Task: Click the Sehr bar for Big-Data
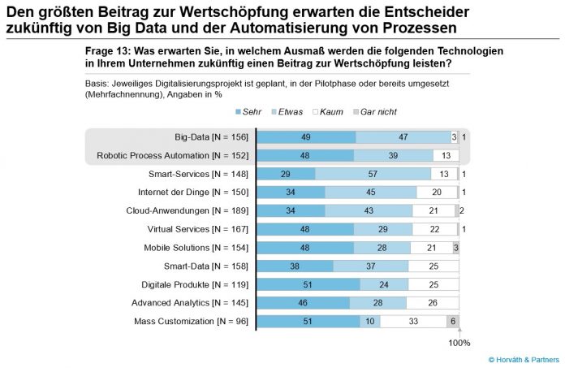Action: [x=306, y=137]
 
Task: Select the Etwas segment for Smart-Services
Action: [x=373, y=174]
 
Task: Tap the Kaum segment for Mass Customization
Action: [x=413, y=322]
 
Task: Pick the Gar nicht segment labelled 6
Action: [x=453, y=322]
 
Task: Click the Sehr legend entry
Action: [x=248, y=112]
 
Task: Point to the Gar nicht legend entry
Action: [x=375, y=112]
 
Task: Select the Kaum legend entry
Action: [x=328, y=112]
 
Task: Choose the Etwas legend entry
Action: [x=287, y=112]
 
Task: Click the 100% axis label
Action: [x=459, y=343]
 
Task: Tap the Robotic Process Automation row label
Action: [x=173, y=156]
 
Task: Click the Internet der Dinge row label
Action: [x=193, y=193]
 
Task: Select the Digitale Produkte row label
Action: [x=195, y=285]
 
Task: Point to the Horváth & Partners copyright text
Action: [x=524, y=360]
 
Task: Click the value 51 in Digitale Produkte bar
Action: [x=308, y=285]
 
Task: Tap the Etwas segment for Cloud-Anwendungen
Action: [x=369, y=211]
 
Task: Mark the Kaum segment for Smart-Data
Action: [x=433, y=266]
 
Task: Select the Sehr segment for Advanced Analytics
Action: [x=303, y=303]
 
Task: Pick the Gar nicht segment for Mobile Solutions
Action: [x=456, y=248]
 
